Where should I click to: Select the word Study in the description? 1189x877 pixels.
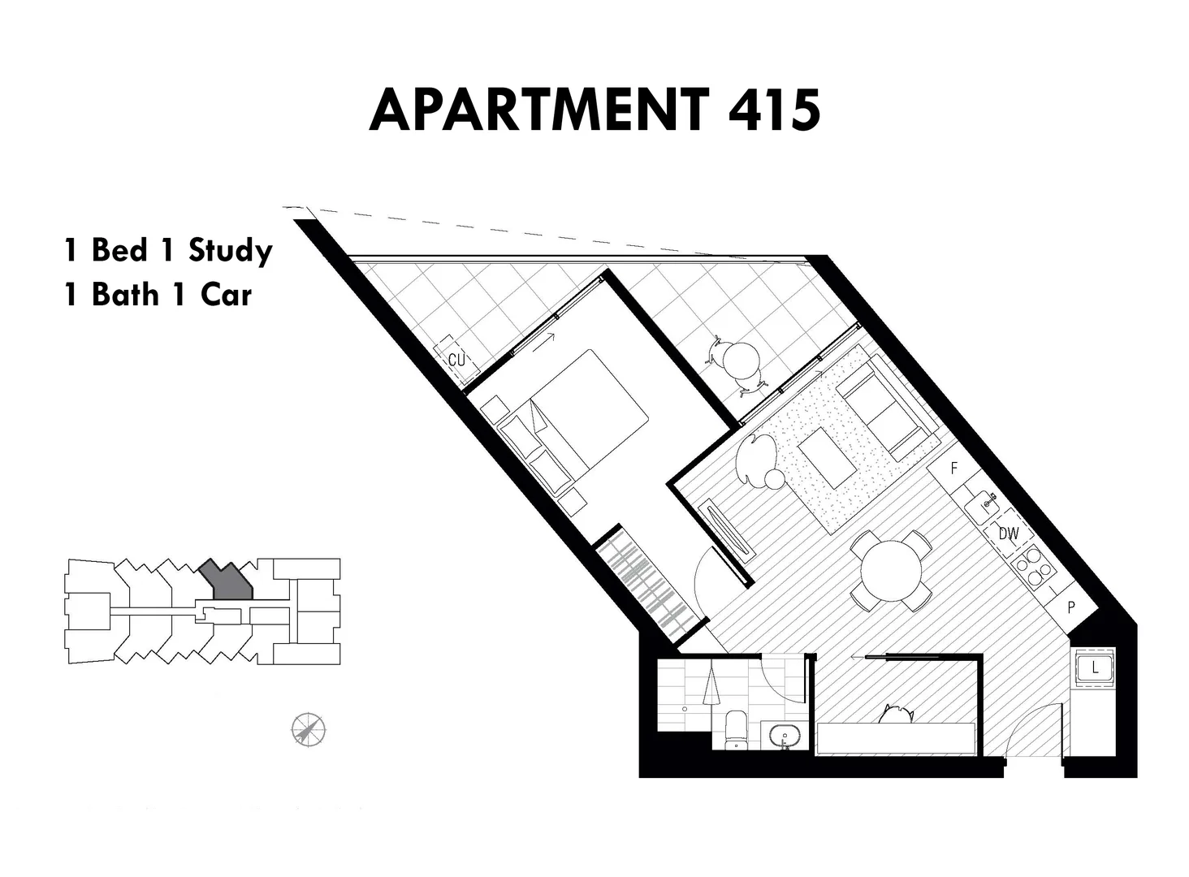[230, 250]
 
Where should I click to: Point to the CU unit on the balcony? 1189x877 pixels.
[456, 358]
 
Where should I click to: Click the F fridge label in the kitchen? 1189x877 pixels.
[954, 469]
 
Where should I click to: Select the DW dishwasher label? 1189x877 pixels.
[1008, 534]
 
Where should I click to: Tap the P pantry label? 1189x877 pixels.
[1071, 607]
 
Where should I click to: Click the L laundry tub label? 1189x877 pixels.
[1095, 668]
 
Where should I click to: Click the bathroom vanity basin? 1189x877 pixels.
[785, 737]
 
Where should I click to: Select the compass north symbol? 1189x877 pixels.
[309, 729]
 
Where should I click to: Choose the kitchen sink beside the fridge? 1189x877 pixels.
[986, 503]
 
